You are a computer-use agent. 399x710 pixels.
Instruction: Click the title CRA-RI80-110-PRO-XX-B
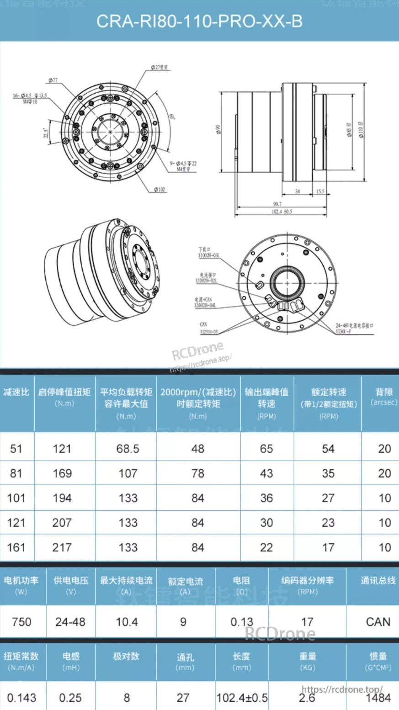(199, 21)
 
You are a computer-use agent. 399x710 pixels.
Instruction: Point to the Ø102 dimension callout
(160, 189)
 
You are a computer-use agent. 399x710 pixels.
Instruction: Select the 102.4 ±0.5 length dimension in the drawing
(282, 212)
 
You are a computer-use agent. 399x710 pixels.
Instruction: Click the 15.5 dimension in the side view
(320, 191)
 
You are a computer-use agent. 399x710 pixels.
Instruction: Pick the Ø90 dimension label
(218, 130)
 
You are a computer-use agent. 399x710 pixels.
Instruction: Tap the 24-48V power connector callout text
(354, 326)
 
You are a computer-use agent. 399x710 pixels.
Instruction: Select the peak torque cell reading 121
(62, 449)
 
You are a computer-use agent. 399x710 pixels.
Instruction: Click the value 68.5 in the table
(128, 449)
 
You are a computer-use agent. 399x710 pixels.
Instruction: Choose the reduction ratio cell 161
(16, 547)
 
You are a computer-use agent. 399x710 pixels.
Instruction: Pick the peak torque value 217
(62, 547)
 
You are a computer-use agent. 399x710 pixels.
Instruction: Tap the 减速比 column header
(16, 392)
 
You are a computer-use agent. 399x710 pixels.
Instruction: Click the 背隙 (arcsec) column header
(384, 397)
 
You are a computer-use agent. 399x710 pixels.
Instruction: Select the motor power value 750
(21, 622)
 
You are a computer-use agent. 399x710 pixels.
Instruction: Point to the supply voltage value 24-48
(70, 622)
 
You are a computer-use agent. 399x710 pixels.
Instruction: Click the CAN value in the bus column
(378, 622)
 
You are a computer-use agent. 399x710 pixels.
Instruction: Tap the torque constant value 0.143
(21, 698)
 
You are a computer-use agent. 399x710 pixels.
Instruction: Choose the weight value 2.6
(307, 698)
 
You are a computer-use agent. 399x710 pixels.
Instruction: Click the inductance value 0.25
(70, 698)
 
